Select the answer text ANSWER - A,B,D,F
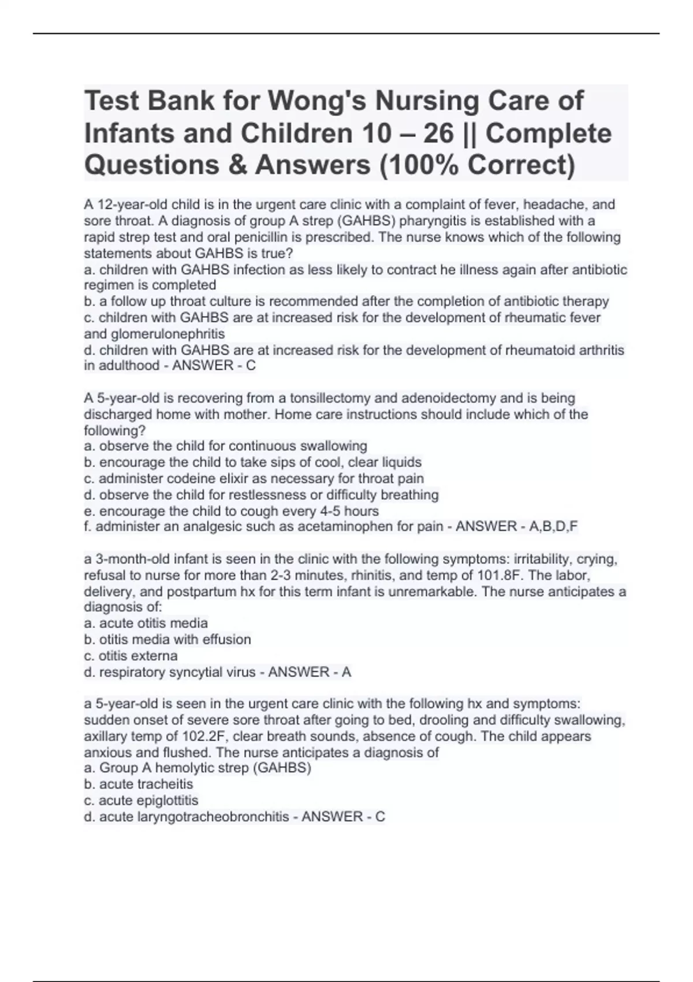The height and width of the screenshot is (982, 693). click(517, 526)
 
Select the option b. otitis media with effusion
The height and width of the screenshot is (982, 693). click(167, 639)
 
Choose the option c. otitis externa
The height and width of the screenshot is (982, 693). click(131, 656)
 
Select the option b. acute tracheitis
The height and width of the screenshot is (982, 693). click(139, 784)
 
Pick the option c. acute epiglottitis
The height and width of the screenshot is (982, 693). click(141, 801)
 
